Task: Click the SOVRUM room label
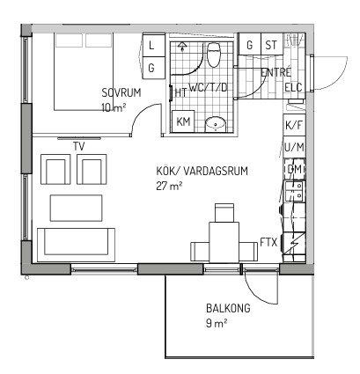tap(121, 92)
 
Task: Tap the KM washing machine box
tap(183, 121)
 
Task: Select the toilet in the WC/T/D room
tap(214, 55)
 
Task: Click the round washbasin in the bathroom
tap(216, 124)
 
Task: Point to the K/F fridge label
tap(294, 125)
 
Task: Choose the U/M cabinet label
tap(294, 147)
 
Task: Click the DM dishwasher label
tap(295, 169)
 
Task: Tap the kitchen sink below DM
tap(294, 191)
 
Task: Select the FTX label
tap(268, 243)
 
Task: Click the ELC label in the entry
tap(293, 87)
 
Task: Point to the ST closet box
tap(271, 44)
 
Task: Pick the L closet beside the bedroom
tap(153, 46)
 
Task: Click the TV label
tap(79, 146)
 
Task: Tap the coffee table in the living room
tap(77, 208)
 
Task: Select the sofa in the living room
tap(76, 245)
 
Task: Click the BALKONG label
tap(228, 308)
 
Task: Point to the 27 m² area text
tap(169, 186)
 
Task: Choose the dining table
tap(224, 242)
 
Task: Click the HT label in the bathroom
tap(180, 92)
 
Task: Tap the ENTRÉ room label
tap(276, 72)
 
